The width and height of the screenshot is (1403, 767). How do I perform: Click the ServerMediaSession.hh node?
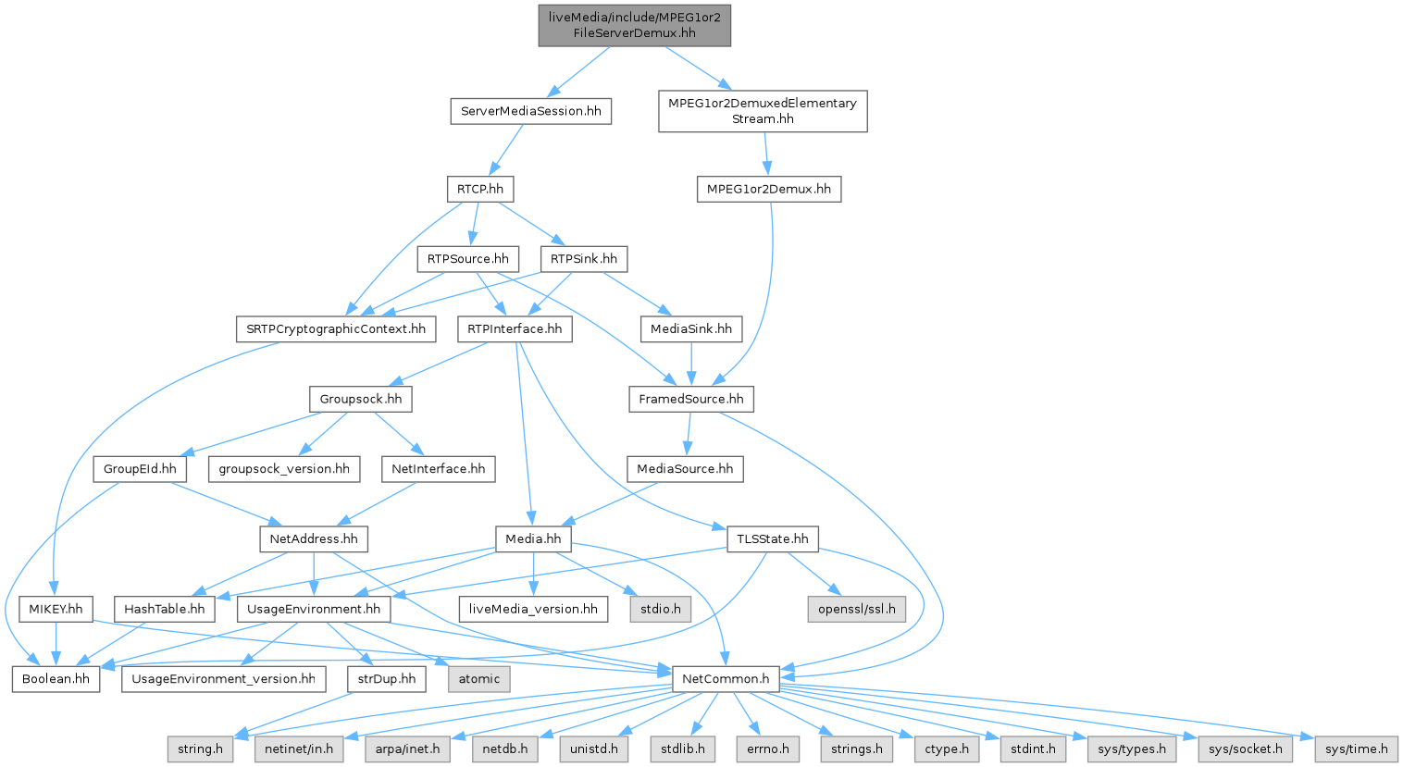click(530, 111)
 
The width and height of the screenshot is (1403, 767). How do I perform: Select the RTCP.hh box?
click(479, 189)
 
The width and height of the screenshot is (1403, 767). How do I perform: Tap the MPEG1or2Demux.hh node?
click(768, 189)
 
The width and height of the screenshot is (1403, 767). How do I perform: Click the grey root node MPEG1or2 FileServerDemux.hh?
click(634, 25)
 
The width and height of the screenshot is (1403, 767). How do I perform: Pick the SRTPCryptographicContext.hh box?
click(335, 328)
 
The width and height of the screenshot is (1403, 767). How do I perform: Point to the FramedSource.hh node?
click(690, 399)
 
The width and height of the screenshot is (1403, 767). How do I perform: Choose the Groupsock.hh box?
click(360, 399)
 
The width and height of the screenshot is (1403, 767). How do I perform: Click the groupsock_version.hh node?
click(284, 469)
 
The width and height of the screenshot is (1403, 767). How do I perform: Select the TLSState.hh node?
click(772, 538)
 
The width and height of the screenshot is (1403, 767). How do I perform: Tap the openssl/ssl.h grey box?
click(856, 609)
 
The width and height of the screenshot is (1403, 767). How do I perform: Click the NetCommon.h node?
click(725, 678)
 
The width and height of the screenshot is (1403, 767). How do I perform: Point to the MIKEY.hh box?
click(56, 609)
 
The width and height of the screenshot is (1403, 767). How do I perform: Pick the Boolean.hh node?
click(56, 678)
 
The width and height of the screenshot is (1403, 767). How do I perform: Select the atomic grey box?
click(478, 678)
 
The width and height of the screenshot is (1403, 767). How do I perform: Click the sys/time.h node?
click(1356, 748)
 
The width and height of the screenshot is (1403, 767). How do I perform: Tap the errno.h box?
click(768, 748)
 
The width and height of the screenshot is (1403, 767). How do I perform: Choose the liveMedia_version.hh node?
click(533, 609)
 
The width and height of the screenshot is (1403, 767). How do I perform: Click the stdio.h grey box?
click(660, 609)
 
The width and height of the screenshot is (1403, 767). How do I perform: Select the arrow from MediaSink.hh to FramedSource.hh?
click(690, 364)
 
